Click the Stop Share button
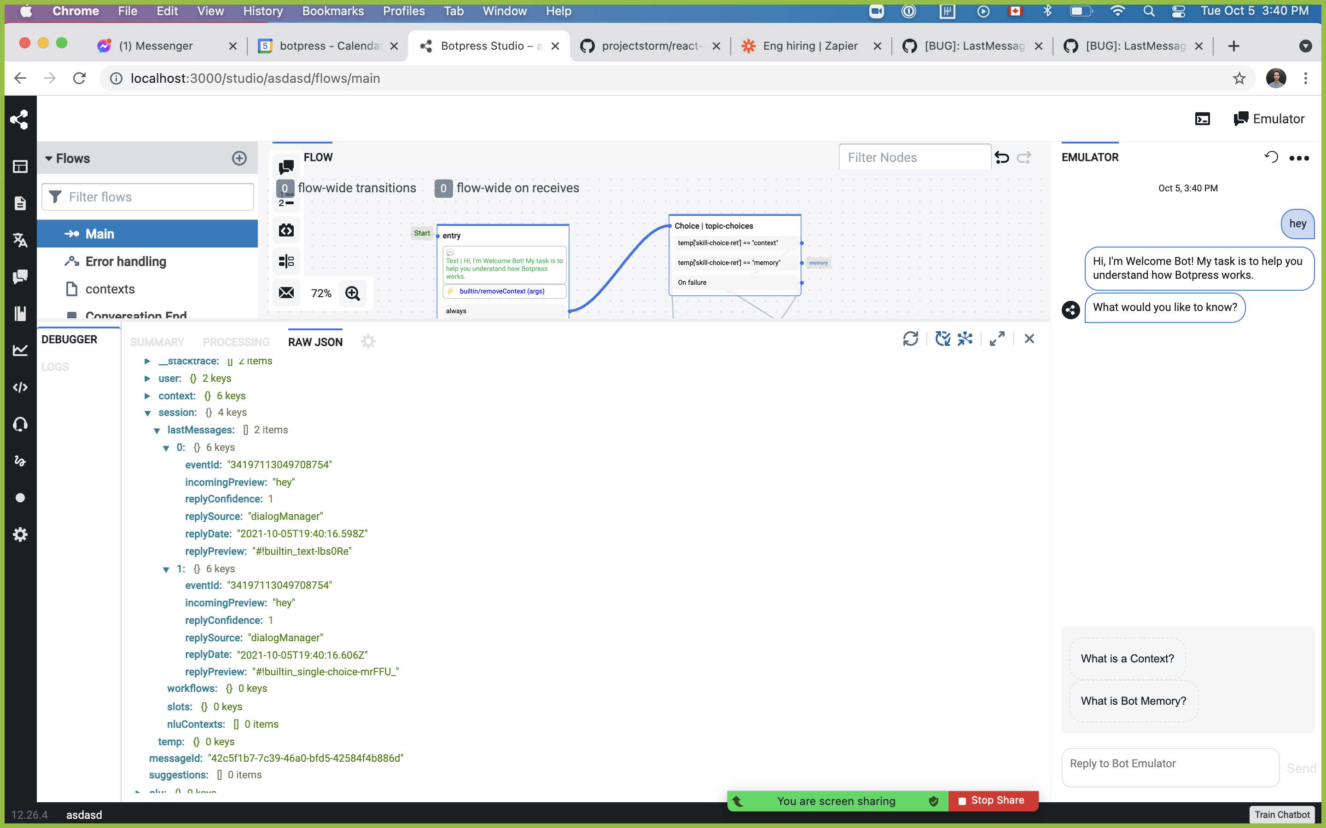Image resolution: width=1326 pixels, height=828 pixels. (992, 800)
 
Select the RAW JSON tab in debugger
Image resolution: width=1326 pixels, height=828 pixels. (315, 342)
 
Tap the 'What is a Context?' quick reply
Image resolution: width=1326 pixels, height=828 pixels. (1127, 658)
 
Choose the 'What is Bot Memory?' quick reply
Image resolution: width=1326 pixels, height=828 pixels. (1133, 701)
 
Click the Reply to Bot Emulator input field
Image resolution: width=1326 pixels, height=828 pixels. (1170, 764)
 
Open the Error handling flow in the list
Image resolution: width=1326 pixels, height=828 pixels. (126, 262)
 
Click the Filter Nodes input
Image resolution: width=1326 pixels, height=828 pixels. (914, 158)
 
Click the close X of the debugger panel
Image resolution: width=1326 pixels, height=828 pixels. (1029, 339)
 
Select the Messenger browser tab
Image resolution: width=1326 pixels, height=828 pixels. (156, 46)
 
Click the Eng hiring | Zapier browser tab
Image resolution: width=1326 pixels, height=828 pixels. (810, 46)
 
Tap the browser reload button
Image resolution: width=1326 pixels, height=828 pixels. (80, 78)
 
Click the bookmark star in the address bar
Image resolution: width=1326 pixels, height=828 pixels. (1239, 78)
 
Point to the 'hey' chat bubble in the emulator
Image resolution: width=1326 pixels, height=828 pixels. (1297, 224)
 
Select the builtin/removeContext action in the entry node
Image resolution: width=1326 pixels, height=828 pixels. (501, 291)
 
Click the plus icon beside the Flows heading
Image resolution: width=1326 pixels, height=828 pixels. (239, 158)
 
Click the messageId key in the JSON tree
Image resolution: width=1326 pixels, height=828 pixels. (175, 759)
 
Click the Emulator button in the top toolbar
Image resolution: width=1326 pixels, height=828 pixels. (1268, 119)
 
